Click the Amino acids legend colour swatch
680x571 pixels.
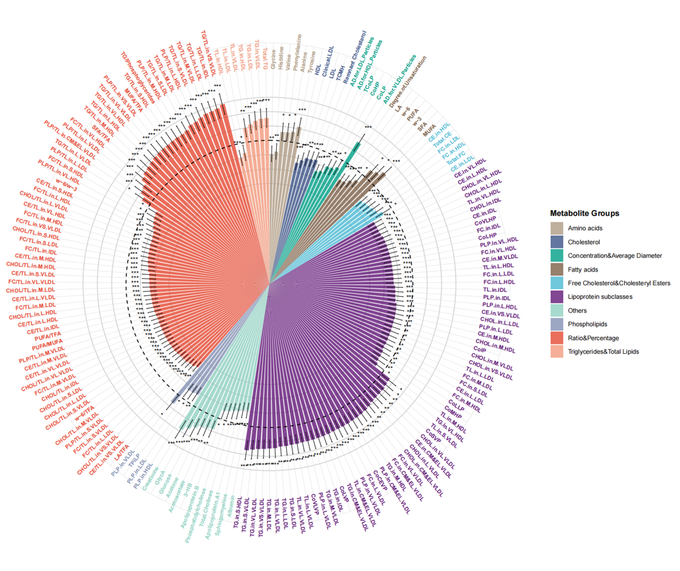click(x=558, y=229)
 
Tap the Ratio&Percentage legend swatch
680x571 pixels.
click(x=558, y=338)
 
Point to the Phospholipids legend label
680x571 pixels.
click(x=588, y=324)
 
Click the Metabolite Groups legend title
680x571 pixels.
click(x=585, y=214)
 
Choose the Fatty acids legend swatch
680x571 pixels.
click(x=558, y=270)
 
